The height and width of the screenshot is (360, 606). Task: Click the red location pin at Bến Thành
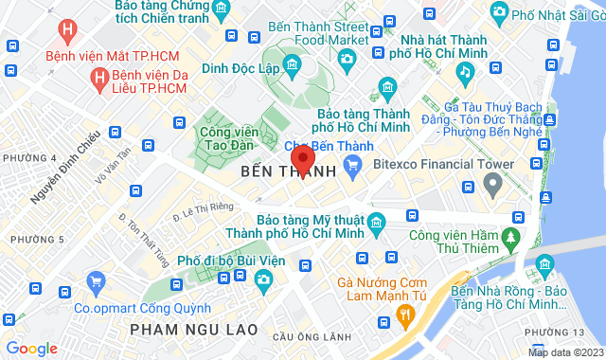point(302,158)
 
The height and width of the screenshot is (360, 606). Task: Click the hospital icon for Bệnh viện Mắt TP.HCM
point(65,29)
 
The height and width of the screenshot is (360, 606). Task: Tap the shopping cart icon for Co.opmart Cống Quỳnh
point(95,281)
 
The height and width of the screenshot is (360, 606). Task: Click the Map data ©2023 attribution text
point(563,352)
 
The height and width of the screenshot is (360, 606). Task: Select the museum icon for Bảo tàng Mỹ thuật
point(376,225)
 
